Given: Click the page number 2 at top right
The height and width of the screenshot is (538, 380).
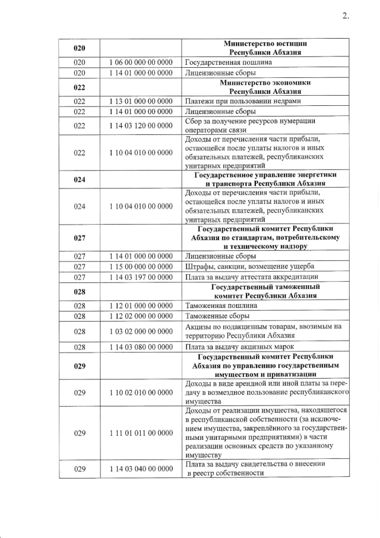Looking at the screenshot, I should click(345, 16).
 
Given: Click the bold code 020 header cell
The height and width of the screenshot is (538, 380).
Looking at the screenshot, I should click(80, 48).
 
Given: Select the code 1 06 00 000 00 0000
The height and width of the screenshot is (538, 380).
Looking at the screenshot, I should click(141, 62).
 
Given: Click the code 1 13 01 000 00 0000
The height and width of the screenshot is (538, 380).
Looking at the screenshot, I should click(141, 101).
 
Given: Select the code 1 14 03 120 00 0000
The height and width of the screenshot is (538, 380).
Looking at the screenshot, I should click(141, 125).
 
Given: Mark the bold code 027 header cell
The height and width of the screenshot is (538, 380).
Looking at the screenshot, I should click(80, 238).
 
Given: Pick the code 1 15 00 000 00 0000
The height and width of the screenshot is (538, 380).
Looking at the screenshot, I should click(141, 266).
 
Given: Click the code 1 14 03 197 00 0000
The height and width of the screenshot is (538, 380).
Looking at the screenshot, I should click(141, 276).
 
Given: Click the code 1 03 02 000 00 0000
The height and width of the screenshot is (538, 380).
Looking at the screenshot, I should click(141, 332).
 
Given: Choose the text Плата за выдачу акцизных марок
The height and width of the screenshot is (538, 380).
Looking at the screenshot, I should click(241, 347).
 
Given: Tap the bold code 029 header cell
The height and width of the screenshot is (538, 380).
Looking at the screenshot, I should click(80, 367).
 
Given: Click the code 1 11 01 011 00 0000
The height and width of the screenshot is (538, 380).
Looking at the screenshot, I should click(141, 433).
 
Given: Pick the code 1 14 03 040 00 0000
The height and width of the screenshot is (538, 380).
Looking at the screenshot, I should click(141, 469).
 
